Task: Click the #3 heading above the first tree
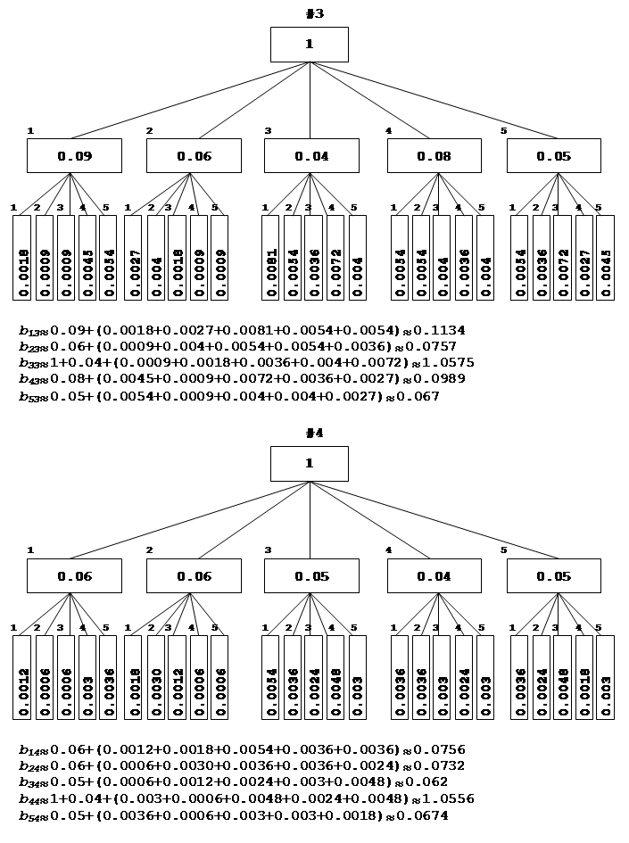pyautogui.click(x=313, y=13)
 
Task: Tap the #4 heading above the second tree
pyautogui.click(x=313, y=434)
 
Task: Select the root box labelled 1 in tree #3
pyautogui.click(x=310, y=45)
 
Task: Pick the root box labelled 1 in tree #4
pyautogui.click(x=310, y=464)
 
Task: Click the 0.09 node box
pyautogui.click(x=74, y=156)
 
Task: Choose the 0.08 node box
pyautogui.click(x=434, y=156)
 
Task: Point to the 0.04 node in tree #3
pyautogui.click(x=311, y=156)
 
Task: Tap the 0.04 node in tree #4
pyautogui.click(x=434, y=576)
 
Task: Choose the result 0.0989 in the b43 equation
pyautogui.click(x=444, y=379)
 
